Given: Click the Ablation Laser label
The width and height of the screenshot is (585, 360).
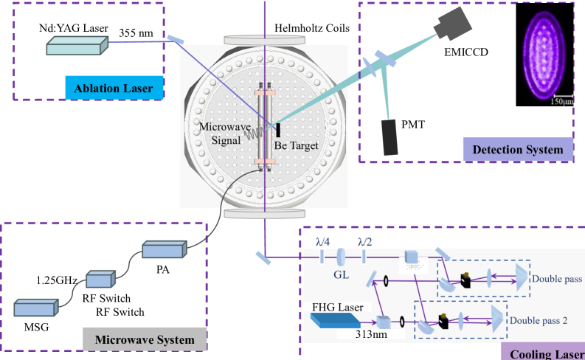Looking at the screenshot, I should pyautogui.click(x=113, y=89).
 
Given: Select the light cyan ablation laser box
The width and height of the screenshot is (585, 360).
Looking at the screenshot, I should pyautogui.click(x=77, y=46).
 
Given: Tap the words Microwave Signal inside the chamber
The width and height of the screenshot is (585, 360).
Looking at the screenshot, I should pyautogui.click(x=221, y=133).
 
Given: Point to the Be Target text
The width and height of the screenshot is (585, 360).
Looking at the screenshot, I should pyautogui.click(x=296, y=146).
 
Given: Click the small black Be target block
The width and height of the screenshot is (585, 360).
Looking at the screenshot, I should pyautogui.click(x=278, y=131).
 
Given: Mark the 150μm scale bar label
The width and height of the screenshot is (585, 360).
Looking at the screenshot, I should pyautogui.click(x=562, y=101).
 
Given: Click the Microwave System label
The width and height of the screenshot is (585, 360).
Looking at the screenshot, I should pyautogui.click(x=144, y=339).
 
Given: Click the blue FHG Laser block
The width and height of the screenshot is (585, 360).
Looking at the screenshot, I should pyautogui.click(x=333, y=320).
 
